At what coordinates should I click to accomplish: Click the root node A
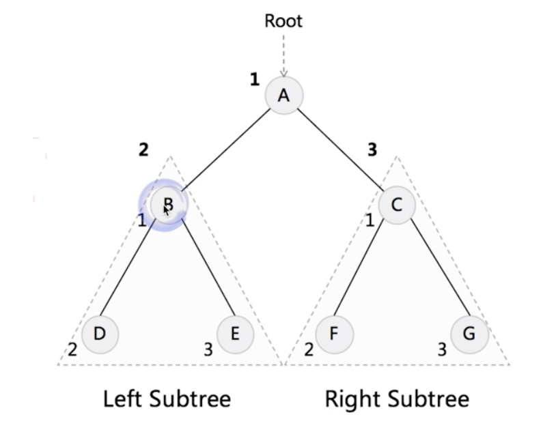coord(283,96)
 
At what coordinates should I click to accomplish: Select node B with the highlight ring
coord(167,205)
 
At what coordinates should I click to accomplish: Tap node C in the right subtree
coord(396,204)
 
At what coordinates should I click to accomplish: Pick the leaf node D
coord(100,334)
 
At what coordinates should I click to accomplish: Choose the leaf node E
coord(235,334)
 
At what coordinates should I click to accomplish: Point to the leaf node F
coord(334,334)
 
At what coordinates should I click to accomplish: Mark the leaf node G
coord(469,334)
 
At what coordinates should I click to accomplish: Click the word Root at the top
coord(283,21)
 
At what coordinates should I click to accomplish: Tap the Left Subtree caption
coord(167,399)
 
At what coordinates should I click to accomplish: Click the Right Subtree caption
coord(397,399)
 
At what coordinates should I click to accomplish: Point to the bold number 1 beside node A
coord(254,80)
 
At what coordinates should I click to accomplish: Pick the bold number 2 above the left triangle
coord(143,149)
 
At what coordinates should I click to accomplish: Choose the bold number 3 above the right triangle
coord(372,149)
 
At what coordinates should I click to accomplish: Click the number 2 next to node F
coord(309,350)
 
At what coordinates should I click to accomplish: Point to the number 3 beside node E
coord(208,350)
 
